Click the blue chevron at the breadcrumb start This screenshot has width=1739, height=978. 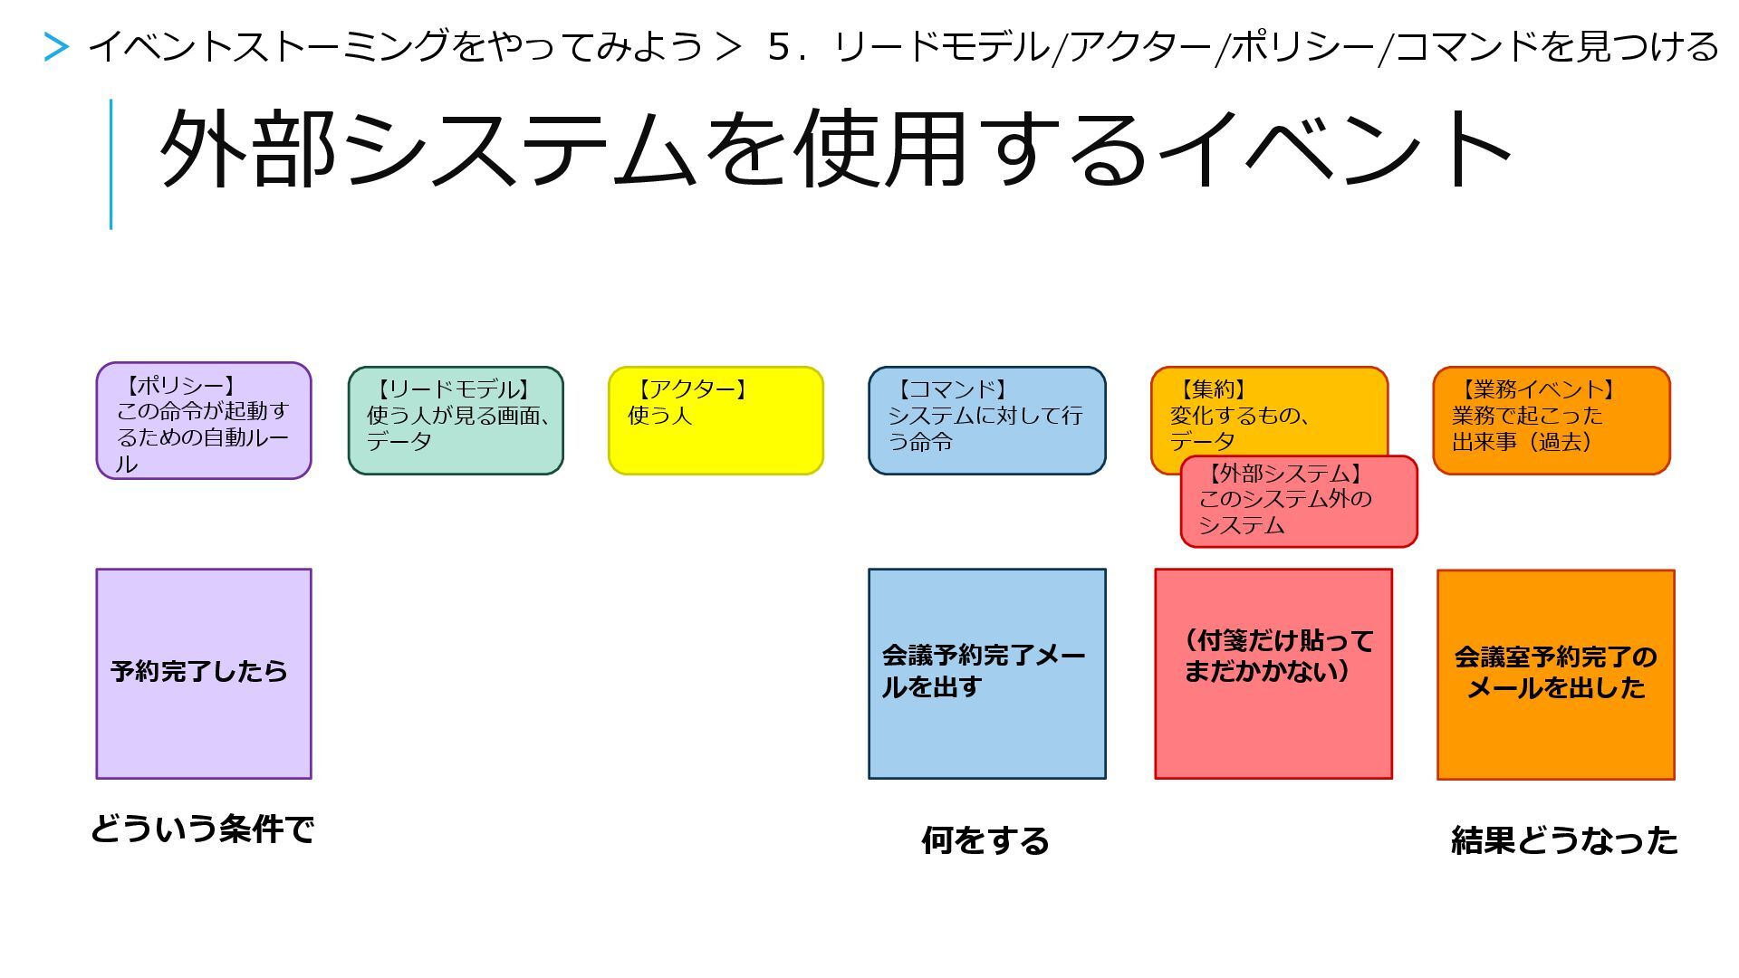click(x=56, y=47)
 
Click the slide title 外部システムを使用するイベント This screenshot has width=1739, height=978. click(x=833, y=149)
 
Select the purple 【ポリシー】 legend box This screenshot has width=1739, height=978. click(x=204, y=421)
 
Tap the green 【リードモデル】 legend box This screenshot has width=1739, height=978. click(x=456, y=420)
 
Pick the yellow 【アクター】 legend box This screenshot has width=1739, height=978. click(x=716, y=420)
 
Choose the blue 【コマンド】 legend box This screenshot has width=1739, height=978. click(x=986, y=420)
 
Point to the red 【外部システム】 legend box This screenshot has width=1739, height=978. click(x=1299, y=502)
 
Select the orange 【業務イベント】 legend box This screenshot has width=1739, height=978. click(x=1551, y=420)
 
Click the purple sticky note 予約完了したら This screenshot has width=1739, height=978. click(x=204, y=673)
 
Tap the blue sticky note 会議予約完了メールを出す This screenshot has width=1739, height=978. click(x=986, y=673)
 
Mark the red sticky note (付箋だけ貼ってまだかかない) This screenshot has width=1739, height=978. click(x=1273, y=673)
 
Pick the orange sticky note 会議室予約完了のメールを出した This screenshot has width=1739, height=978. click(x=1555, y=674)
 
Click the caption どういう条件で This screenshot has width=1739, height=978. click(x=202, y=829)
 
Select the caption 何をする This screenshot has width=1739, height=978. click(x=985, y=840)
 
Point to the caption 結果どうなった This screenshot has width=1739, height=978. click(x=1564, y=840)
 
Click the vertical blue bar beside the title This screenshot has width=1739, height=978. click(x=110, y=164)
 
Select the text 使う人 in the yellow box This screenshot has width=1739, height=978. click(x=659, y=416)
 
